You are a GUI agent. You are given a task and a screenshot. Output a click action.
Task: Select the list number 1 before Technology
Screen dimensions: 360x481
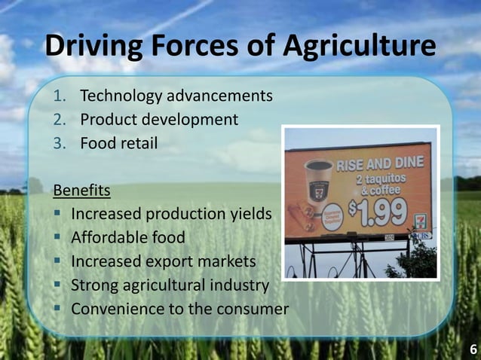59,96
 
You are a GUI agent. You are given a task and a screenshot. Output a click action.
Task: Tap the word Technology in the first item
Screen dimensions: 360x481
122,96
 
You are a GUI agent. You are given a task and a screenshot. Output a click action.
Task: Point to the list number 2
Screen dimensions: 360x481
59,119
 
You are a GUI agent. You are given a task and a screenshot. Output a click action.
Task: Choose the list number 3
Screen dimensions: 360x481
59,142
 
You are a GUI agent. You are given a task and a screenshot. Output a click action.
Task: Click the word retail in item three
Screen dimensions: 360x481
137,142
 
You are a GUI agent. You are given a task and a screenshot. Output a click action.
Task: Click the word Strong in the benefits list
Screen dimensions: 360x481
94,285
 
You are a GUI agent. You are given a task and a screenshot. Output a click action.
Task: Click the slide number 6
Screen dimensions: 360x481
473,349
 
